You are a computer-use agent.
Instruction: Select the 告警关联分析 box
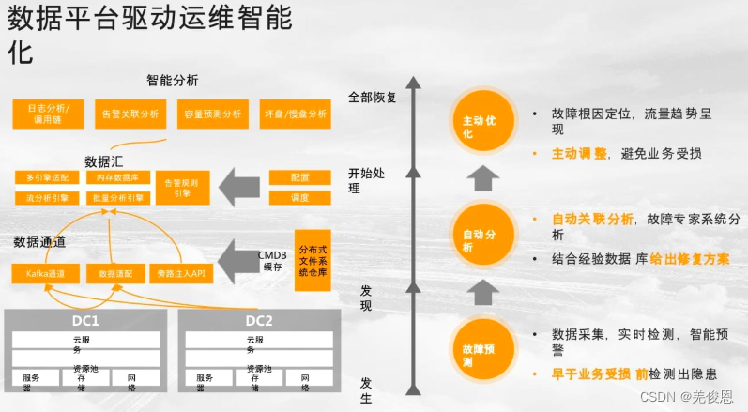130,114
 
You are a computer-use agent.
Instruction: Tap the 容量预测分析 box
213,114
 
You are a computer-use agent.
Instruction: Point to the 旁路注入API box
182,274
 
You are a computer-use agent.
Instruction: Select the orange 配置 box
300,176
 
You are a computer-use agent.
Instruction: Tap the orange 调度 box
300,198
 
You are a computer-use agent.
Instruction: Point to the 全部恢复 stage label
373,97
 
